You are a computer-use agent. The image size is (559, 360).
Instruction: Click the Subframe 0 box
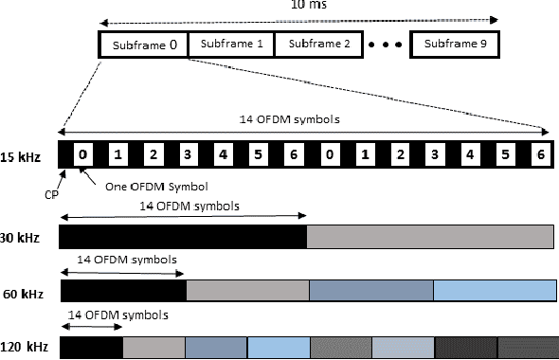pos(143,45)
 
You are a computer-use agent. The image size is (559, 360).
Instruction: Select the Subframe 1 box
pos(231,45)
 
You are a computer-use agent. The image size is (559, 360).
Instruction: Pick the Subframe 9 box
pos(455,45)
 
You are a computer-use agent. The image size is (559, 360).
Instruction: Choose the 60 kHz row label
pos(21,291)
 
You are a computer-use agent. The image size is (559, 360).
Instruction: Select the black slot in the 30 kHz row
pos(183,236)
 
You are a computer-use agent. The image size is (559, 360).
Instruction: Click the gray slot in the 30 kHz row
pos(430,236)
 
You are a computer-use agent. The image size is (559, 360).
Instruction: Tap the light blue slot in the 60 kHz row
pos(495,290)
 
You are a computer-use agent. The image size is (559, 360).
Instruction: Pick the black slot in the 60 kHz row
pos(123,290)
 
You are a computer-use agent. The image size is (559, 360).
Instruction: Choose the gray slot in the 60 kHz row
pos(247,290)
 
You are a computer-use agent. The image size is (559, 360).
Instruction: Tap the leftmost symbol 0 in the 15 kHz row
pos(83,153)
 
